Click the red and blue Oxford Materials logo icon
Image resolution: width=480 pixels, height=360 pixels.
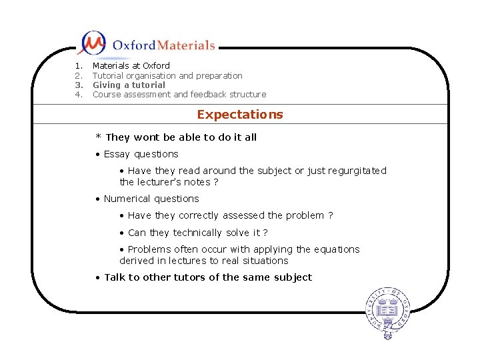coord(92,43)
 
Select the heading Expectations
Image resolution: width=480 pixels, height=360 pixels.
coord(240,115)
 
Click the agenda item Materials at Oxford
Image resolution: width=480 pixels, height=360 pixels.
coord(131,66)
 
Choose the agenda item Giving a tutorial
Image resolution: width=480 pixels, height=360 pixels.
coord(129,85)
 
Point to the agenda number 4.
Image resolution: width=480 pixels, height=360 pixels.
coord(78,95)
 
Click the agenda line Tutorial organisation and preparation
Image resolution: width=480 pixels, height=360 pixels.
coord(167,76)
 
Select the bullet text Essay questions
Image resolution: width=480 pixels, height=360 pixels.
coord(141,154)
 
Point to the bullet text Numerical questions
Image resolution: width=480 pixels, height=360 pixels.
coord(151,199)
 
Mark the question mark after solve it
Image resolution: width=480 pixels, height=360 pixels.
coord(265,233)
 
